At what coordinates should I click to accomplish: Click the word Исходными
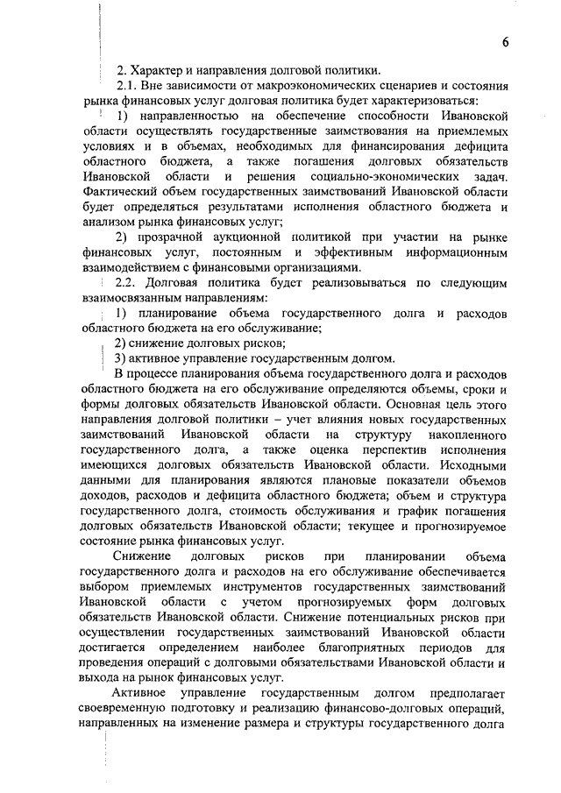[x=470, y=465]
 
